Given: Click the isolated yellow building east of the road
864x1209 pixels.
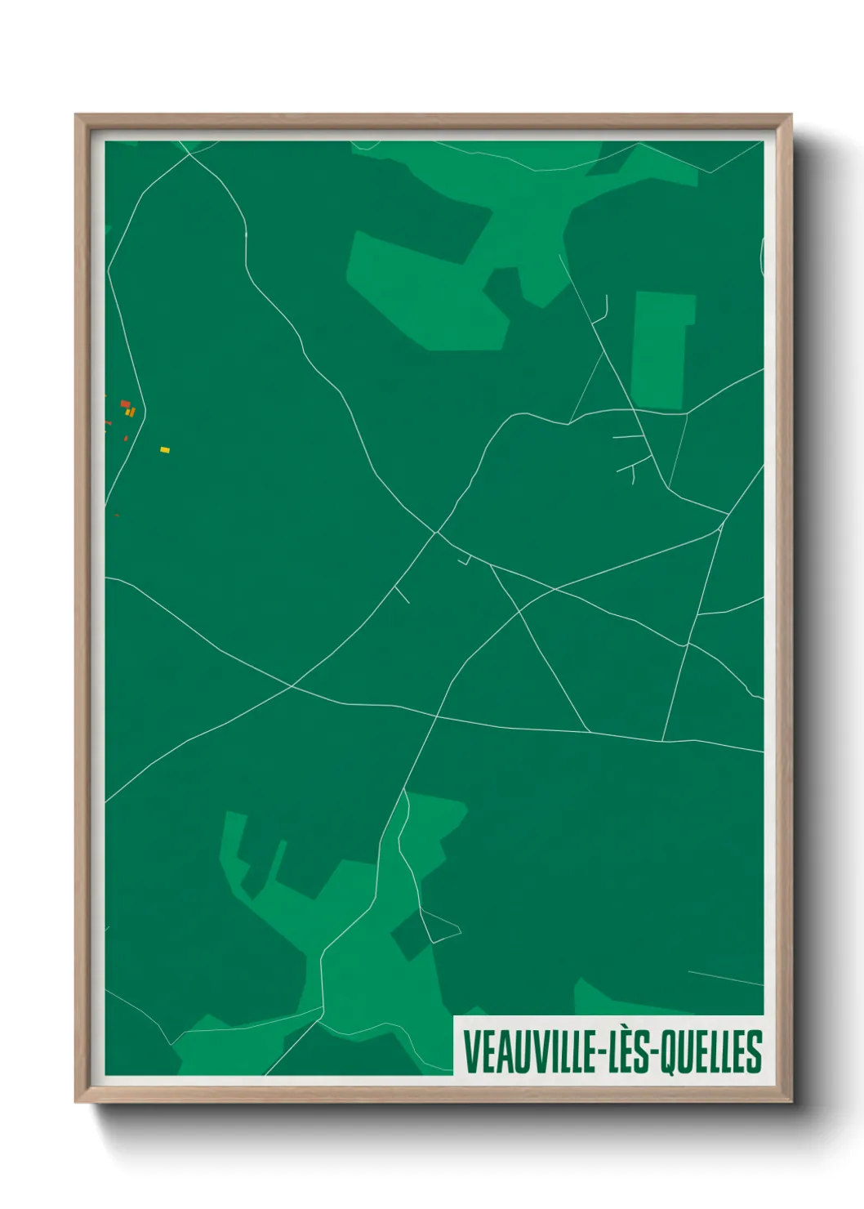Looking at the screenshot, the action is [165, 450].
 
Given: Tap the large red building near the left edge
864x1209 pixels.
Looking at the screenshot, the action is [125, 404].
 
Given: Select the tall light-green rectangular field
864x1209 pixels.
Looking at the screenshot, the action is [661, 350].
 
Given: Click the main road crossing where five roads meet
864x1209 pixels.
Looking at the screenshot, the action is [437, 533].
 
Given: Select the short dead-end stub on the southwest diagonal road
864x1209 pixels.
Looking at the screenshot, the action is [402, 595].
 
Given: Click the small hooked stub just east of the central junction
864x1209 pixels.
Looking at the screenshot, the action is [465, 561].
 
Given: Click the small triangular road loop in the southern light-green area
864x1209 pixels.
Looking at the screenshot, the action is [441, 927].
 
